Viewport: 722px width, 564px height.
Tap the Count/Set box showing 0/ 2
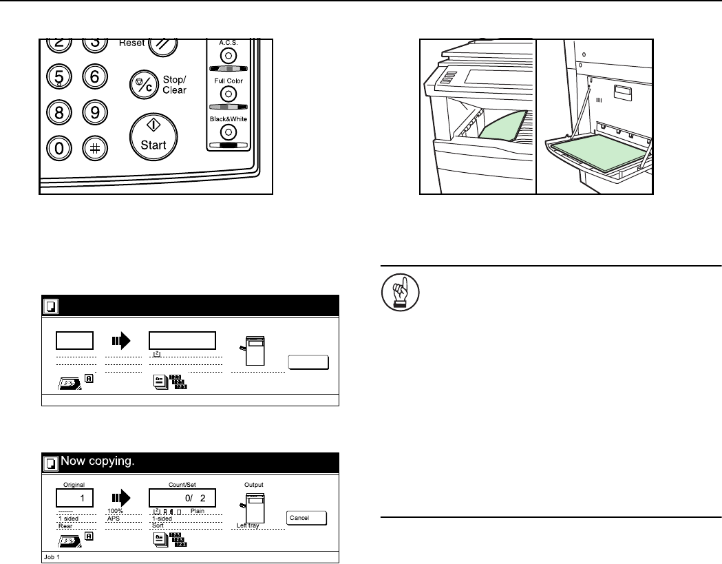(182, 497)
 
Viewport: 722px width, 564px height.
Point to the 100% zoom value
(115, 511)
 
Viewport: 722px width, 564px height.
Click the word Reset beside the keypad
(131, 43)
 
